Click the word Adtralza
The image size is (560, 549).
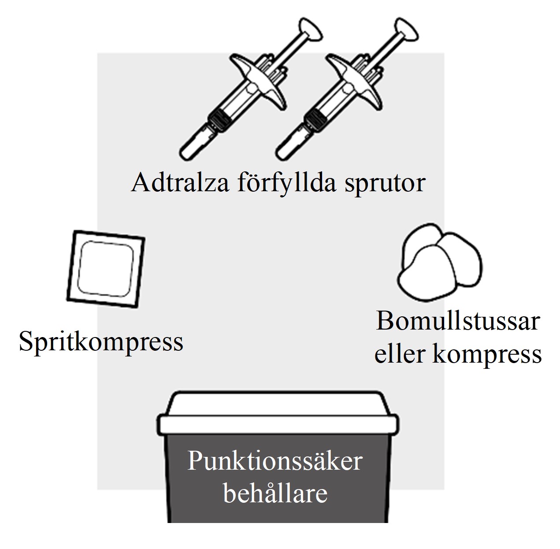coord(180,182)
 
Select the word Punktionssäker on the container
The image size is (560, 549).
coord(275,461)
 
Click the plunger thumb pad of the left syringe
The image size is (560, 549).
coord(311,30)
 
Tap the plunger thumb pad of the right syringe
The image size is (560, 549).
coord(407,30)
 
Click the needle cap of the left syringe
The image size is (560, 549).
coord(195,145)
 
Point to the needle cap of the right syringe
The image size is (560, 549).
coord(291,145)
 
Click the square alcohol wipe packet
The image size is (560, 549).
coord(106,269)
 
